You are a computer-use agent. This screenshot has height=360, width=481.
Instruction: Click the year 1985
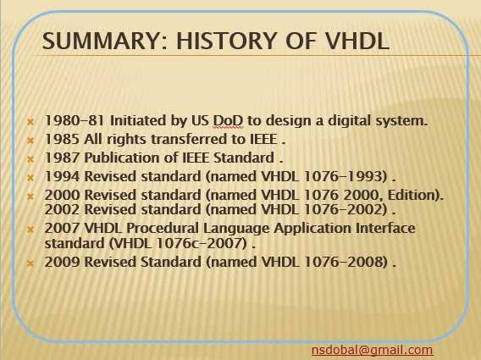coord(59,139)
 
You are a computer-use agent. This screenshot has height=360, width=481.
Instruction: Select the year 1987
coord(59,158)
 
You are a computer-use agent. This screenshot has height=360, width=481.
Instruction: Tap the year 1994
coord(59,176)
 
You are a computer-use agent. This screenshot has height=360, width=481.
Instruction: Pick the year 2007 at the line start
coord(59,229)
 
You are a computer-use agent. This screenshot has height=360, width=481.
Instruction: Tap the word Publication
coord(119,158)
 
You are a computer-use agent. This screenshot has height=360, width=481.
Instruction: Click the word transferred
coord(185,139)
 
